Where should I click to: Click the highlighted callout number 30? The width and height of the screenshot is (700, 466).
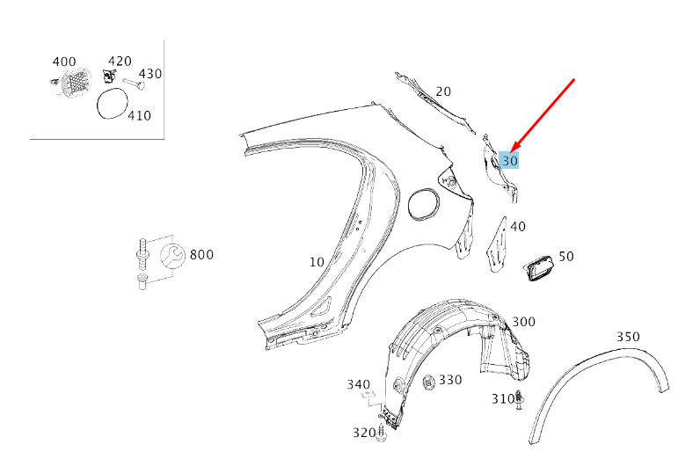click(x=509, y=161)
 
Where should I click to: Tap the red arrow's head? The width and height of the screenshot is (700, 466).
click(x=514, y=148)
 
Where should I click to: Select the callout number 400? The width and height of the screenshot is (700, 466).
click(x=64, y=62)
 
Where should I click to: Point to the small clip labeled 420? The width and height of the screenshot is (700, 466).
click(x=108, y=76)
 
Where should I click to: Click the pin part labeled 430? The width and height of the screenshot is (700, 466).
click(x=134, y=84)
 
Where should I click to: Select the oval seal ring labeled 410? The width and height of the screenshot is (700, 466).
click(x=113, y=104)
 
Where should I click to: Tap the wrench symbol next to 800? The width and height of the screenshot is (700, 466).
click(x=172, y=256)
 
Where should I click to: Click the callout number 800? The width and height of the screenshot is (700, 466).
click(x=201, y=255)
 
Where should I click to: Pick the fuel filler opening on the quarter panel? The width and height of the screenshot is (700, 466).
click(x=423, y=204)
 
